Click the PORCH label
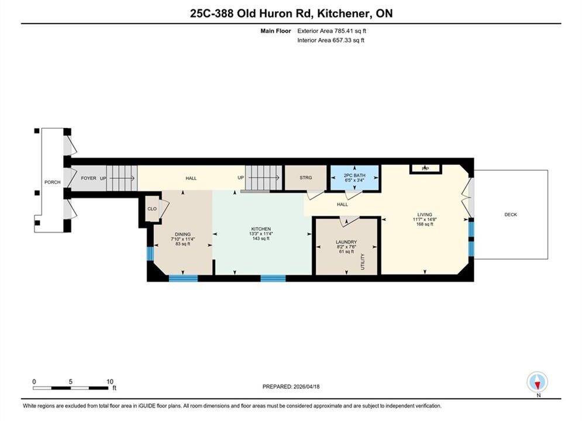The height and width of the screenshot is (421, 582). [x=52, y=182]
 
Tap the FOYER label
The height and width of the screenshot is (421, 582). [x=89, y=178]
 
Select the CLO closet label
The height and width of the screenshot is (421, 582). [x=152, y=209]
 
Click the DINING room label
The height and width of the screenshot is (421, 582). [x=182, y=234]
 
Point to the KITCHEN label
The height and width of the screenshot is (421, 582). [x=261, y=229]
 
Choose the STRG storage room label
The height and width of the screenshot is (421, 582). [x=306, y=178]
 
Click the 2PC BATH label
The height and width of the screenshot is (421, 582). [x=354, y=175]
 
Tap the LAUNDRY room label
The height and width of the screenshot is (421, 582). [x=346, y=242]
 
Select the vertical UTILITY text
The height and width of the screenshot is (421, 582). [x=363, y=262]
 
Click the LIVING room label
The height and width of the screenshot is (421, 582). [x=425, y=215]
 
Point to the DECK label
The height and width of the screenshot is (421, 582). [x=511, y=215]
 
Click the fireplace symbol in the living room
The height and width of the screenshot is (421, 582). [x=425, y=169]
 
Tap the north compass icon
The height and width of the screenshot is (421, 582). [x=538, y=382]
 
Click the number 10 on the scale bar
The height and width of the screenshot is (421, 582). [x=110, y=382]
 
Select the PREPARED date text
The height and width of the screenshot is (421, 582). [x=291, y=387]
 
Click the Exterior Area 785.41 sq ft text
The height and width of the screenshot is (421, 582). [x=332, y=31]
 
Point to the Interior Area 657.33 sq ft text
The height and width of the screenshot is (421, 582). [x=330, y=40]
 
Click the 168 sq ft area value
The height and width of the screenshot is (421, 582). [x=425, y=225]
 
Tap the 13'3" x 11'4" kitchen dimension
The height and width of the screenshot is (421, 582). [x=261, y=234]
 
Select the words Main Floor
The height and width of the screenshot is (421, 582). [x=275, y=31]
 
